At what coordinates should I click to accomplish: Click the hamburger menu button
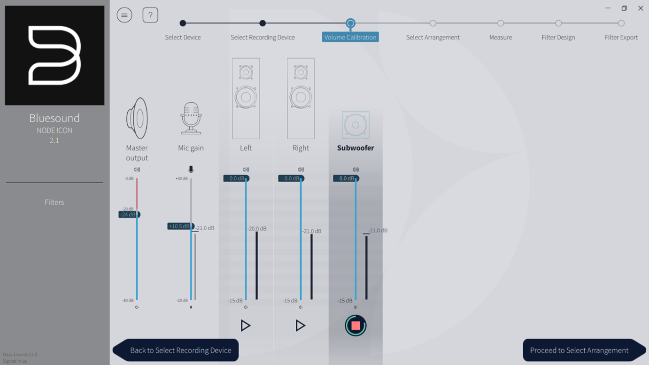point(124,15)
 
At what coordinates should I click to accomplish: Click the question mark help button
point(150,15)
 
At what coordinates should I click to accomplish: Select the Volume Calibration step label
point(350,37)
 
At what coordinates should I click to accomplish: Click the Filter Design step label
point(558,37)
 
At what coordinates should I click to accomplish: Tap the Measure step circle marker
point(501,23)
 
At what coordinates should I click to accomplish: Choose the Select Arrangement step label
point(433,37)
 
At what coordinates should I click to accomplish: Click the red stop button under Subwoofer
point(355,326)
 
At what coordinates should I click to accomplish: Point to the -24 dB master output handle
point(129,215)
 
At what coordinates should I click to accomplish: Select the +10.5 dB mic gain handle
point(180,226)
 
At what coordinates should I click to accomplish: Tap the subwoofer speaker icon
point(355,125)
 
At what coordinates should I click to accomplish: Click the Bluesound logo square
point(54,55)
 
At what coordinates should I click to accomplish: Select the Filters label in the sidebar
point(54,202)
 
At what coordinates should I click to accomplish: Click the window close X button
point(641,8)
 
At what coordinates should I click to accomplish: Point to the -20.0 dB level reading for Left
point(257,229)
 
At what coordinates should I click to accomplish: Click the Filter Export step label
point(621,37)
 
